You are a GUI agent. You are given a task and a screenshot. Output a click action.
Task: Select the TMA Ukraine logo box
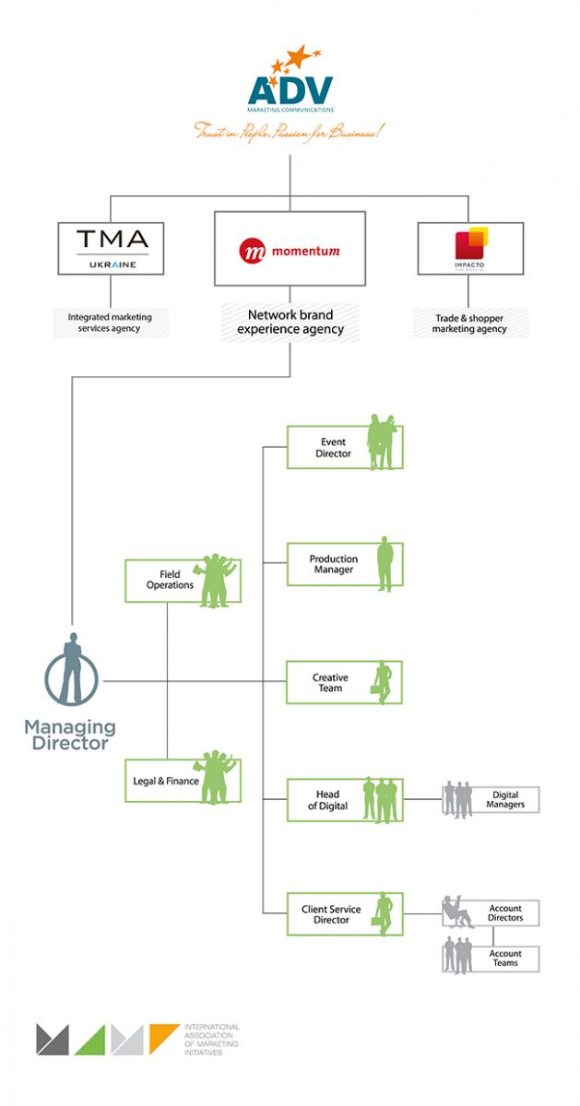click(111, 248)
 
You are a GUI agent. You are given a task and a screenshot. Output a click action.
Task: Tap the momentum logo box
click(290, 249)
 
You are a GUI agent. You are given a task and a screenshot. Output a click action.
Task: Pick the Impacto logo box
click(470, 248)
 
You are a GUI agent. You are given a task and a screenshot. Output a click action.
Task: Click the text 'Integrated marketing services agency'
click(110, 323)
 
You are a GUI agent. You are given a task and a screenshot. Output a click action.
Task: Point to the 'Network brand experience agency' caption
click(290, 322)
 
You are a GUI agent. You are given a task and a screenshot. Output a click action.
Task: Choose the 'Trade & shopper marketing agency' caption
click(470, 323)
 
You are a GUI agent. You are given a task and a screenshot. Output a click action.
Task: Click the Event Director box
click(344, 447)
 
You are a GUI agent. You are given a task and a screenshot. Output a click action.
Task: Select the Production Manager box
click(344, 564)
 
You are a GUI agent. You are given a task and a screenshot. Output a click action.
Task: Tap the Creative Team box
click(344, 682)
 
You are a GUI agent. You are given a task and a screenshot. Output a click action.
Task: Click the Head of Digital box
click(344, 800)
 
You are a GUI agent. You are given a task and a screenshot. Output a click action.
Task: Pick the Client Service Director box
click(344, 914)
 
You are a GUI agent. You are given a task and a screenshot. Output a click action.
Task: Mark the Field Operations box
click(183, 581)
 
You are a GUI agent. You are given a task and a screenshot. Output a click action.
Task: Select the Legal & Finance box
click(183, 780)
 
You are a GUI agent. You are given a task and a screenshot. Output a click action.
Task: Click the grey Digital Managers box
click(492, 800)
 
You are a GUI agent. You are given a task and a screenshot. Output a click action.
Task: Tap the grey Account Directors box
click(492, 913)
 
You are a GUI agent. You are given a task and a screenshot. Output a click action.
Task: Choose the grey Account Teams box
click(492, 959)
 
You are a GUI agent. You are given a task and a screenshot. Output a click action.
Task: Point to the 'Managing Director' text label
click(70, 735)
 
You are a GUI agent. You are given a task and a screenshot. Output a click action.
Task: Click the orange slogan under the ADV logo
click(290, 131)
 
